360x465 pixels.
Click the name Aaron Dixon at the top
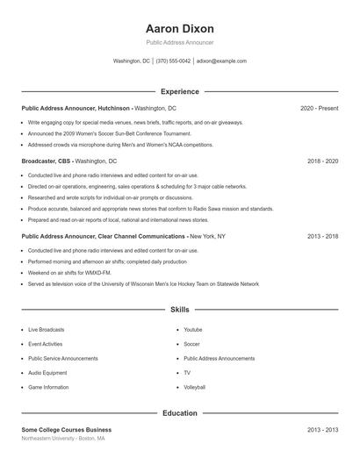(179, 28)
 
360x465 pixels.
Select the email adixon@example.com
(221, 61)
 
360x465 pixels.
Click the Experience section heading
(179, 91)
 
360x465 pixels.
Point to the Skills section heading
(179, 310)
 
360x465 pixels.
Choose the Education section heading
(179, 412)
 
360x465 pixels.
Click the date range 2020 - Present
(319, 108)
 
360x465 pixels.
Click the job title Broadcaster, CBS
(47, 161)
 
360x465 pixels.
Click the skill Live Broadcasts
(46, 329)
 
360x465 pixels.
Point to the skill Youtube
(193, 329)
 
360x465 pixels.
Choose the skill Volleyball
(195, 387)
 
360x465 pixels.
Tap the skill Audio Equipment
(47, 373)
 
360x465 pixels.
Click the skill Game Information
(48, 387)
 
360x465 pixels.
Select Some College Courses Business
(67, 430)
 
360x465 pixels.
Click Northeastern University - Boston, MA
(63, 439)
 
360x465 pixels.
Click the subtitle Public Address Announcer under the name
(179, 42)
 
